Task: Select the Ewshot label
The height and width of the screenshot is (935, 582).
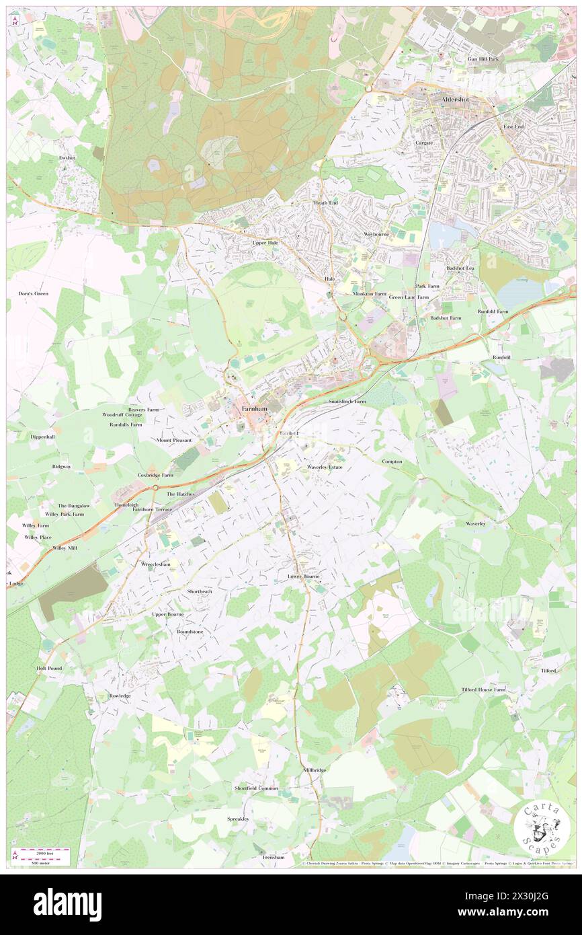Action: (x=67, y=157)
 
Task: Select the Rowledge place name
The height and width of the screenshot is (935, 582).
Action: (x=120, y=696)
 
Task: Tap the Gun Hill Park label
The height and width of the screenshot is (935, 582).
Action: (x=484, y=59)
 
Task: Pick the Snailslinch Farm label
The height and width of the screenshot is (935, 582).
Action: (x=347, y=401)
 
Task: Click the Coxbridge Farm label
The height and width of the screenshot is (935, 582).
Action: (x=155, y=475)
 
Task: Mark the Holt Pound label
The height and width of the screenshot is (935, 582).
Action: (x=49, y=668)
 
